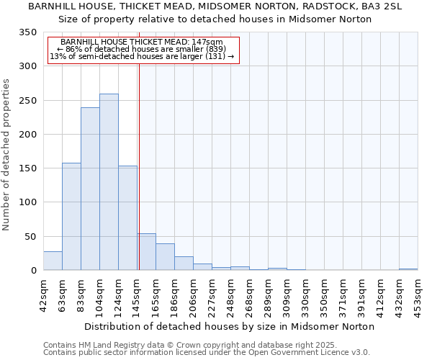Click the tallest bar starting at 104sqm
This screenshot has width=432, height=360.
tap(109, 182)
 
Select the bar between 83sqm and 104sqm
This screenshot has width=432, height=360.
tap(90, 189)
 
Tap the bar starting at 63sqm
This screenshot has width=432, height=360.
tap(71, 217)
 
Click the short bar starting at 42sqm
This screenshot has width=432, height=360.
tap(53, 261)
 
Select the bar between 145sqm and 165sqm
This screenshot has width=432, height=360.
tap(146, 252)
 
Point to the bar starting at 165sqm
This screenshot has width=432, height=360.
tap(165, 257)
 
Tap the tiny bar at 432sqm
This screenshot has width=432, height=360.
tap(408, 269)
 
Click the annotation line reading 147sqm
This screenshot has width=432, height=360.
tap(142, 42)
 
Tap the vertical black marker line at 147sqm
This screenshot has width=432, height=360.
tap(139, 166)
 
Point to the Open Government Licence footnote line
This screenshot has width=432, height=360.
tap(207, 353)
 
